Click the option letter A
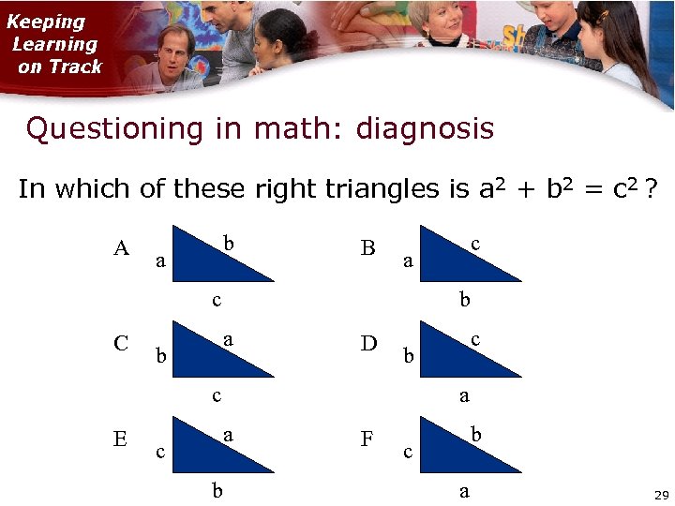[x=121, y=248]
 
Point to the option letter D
[x=368, y=344]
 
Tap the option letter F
[x=367, y=439]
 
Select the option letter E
[x=120, y=439]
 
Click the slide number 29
[x=660, y=494]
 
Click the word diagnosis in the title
[x=424, y=128]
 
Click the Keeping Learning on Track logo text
[x=54, y=44]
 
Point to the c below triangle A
[x=217, y=301]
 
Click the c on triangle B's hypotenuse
[x=475, y=244]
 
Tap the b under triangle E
[x=217, y=490]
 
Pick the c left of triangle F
[x=408, y=453]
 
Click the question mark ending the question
[x=650, y=190]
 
